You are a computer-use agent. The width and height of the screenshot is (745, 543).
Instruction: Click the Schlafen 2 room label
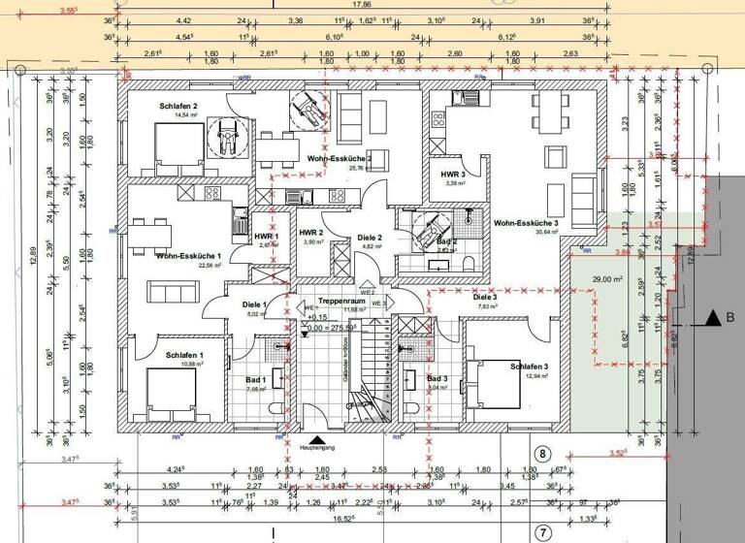coord(178,106)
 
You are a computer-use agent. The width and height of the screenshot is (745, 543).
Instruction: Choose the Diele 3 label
coord(485,297)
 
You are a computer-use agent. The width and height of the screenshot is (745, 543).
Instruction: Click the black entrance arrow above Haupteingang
coord(315,437)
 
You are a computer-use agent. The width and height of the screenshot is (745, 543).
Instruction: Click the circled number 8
coord(543,453)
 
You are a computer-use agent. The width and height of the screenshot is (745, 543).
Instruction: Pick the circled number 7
coord(543,531)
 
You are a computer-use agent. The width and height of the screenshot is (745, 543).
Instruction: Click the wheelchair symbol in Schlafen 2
coord(226,137)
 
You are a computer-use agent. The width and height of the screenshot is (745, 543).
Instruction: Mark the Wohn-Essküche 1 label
coord(189,255)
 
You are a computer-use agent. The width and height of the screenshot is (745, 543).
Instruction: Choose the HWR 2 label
coord(310,233)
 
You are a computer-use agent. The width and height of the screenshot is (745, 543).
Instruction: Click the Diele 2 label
coord(370,237)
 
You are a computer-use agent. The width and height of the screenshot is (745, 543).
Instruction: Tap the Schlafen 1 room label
coord(184,356)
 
